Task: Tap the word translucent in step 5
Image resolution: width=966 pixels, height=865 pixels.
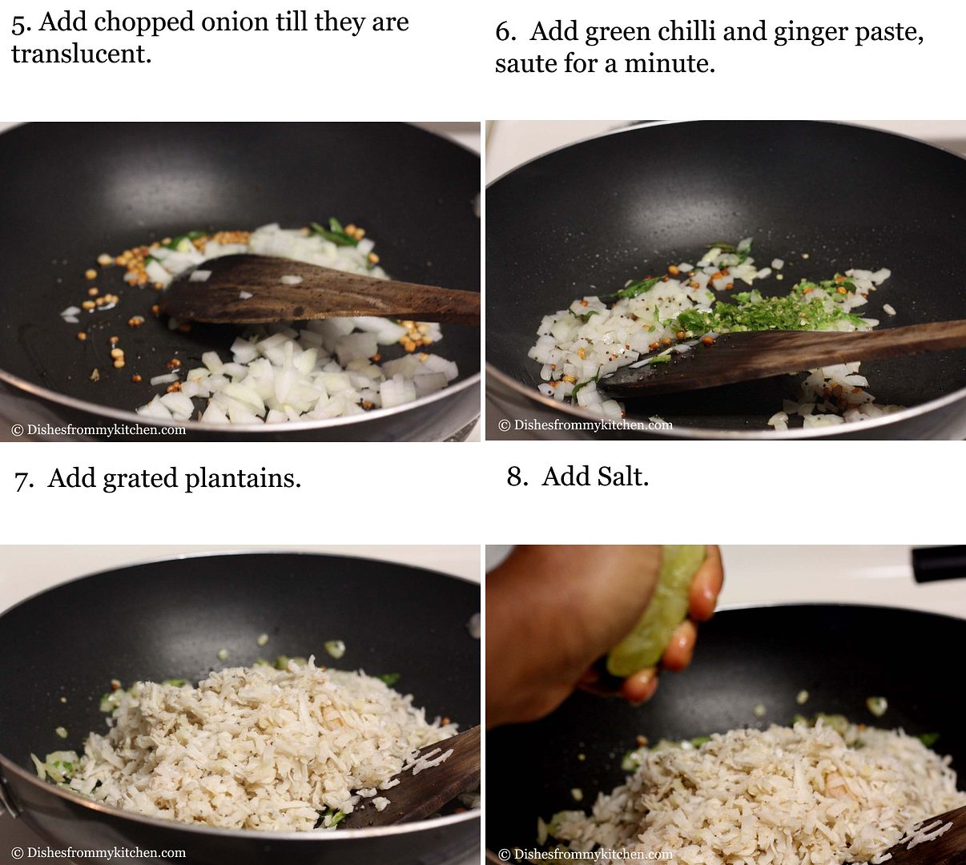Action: (82, 54)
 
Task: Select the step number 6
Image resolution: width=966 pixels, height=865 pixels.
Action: (505, 32)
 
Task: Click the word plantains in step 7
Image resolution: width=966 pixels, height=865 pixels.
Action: (243, 479)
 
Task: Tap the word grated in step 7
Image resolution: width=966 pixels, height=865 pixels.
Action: (140, 479)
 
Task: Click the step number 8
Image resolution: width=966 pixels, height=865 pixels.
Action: (517, 476)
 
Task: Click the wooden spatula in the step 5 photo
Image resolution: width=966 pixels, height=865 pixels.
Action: (320, 290)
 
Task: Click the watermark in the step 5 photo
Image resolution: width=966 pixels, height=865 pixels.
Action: (99, 429)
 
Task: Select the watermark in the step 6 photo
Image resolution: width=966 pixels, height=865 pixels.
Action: (586, 424)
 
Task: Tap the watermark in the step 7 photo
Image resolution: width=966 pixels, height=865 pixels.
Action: (99, 852)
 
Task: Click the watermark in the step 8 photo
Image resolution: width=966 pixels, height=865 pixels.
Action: (586, 854)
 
